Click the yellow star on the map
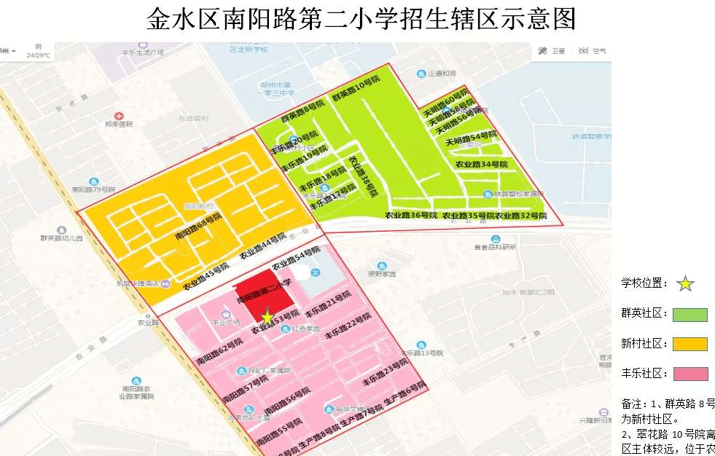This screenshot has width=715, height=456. (x=267, y=317)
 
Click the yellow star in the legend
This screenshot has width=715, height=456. (x=685, y=284)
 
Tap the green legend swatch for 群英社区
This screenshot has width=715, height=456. (x=689, y=315)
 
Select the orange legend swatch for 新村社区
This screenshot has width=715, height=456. (x=689, y=344)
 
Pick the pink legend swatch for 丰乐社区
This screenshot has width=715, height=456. (x=689, y=374)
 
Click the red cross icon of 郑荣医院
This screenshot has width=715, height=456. (x=119, y=115)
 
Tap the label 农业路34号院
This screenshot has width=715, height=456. (x=480, y=164)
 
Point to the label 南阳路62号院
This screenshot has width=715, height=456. (x=219, y=351)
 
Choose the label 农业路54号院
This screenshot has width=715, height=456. (x=295, y=257)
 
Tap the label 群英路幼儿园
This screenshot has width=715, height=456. (x=62, y=238)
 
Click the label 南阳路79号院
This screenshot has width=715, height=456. (x=94, y=189)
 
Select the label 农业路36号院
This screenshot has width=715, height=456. (x=411, y=216)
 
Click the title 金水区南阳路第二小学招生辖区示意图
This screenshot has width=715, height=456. (x=361, y=20)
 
